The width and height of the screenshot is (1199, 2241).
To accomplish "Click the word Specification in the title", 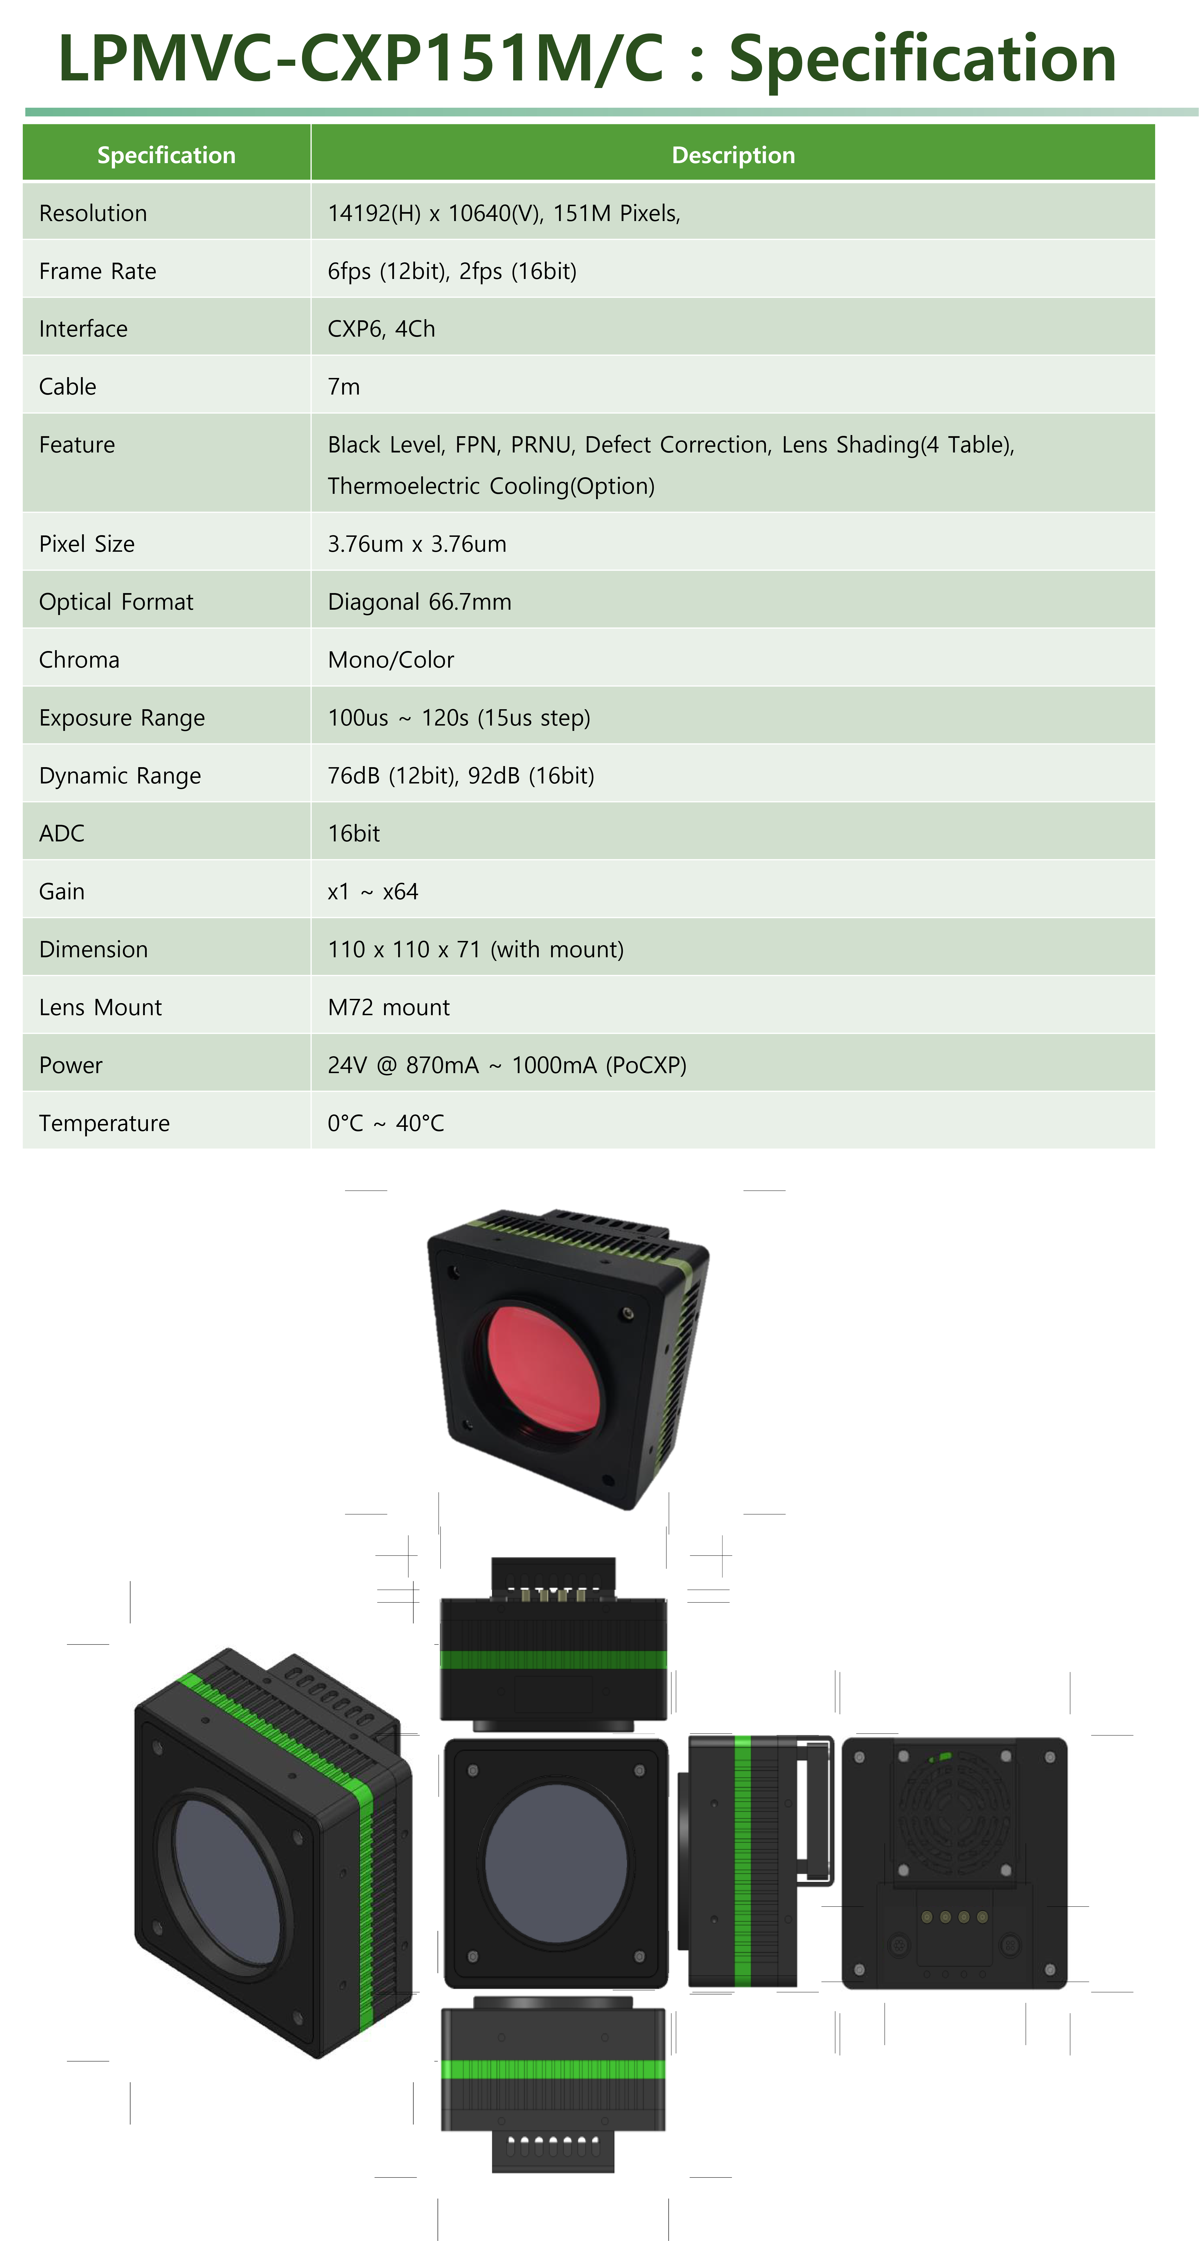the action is [x=922, y=59].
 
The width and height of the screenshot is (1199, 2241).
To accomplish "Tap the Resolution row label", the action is [x=93, y=213].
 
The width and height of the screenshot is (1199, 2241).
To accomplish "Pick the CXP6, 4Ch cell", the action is [x=381, y=329].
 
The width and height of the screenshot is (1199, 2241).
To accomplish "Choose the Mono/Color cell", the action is [x=391, y=659].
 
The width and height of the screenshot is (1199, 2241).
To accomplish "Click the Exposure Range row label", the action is [x=122, y=718].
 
